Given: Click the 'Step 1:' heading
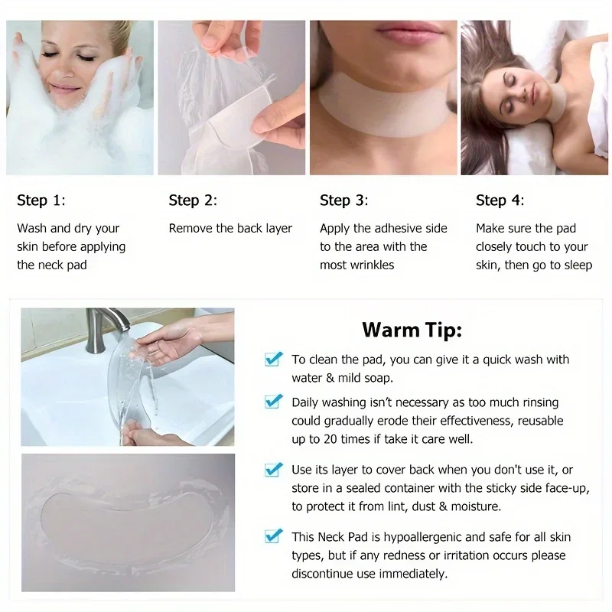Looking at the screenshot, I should (x=41, y=200).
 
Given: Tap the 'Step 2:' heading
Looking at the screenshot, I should (x=193, y=200).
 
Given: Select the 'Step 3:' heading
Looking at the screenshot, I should (x=344, y=200).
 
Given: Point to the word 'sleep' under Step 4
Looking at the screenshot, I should (x=578, y=265).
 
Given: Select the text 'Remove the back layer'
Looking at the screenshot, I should (x=230, y=228).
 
